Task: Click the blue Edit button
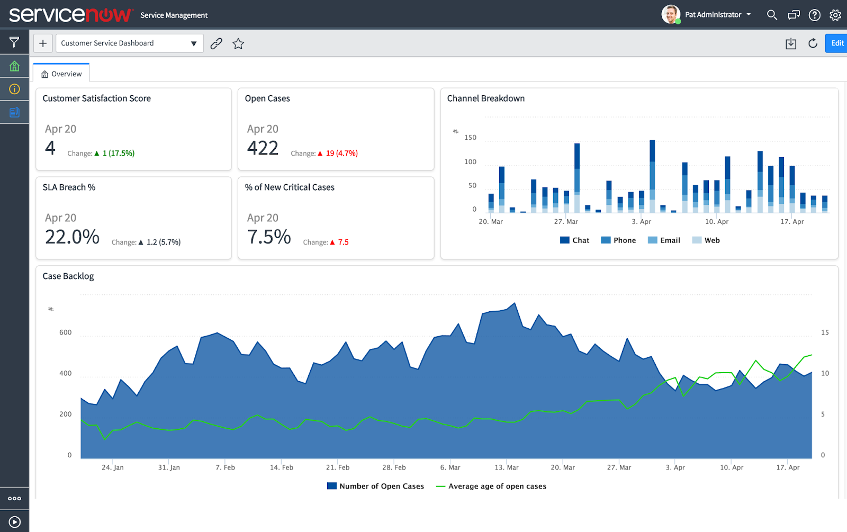coord(836,43)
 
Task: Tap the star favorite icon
coord(238,43)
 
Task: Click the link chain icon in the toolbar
coord(217,43)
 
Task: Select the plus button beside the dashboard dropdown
coord(43,43)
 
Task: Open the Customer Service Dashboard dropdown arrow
coord(194,43)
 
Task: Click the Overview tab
coord(61,74)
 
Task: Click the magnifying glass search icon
coord(772,15)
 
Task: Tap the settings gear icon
coord(835,15)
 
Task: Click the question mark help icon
coord(815,15)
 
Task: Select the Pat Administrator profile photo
coord(671,14)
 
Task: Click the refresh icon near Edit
coord(813,43)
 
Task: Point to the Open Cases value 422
coord(263,148)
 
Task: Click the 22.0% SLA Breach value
coord(72,237)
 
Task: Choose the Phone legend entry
coord(619,240)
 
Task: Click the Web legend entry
coord(706,240)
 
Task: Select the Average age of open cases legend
coord(491,486)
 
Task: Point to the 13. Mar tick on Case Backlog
coord(507,467)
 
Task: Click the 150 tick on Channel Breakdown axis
coord(471,138)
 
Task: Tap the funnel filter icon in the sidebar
coord(14,42)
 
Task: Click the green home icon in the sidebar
coord(14,66)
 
